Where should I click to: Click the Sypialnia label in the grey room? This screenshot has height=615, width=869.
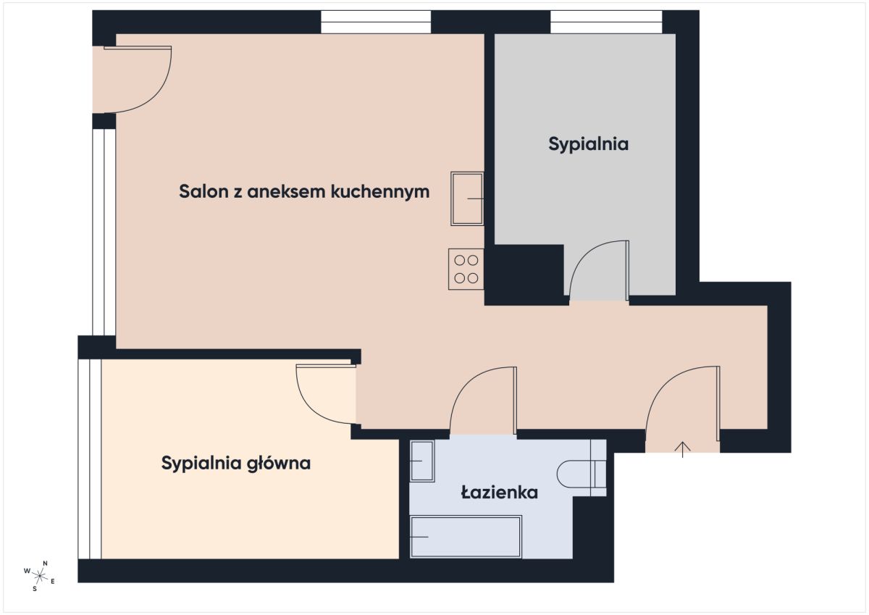(x=588, y=144)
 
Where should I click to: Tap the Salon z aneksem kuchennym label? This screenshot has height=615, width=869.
(x=304, y=192)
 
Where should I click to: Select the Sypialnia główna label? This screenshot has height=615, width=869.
(x=236, y=464)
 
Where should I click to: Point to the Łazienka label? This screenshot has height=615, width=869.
(x=499, y=493)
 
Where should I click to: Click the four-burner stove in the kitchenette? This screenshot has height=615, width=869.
(x=466, y=269)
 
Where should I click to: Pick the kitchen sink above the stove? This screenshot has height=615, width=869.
(x=467, y=198)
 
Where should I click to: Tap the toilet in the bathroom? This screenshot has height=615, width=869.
(x=581, y=474)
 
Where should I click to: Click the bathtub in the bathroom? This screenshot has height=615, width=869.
(x=466, y=537)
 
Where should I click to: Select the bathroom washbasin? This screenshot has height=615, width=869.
(x=422, y=461)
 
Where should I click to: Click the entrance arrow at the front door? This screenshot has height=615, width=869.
(x=682, y=450)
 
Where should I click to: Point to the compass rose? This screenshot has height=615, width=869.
(x=40, y=576)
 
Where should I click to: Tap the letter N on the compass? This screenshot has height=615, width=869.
(x=45, y=564)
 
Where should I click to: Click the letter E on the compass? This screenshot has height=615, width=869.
(x=53, y=581)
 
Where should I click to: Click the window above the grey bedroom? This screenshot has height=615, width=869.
(x=606, y=22)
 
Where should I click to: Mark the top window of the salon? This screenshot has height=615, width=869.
(x=376, y=22)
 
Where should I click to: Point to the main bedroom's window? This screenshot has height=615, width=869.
(x=90, y=459)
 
